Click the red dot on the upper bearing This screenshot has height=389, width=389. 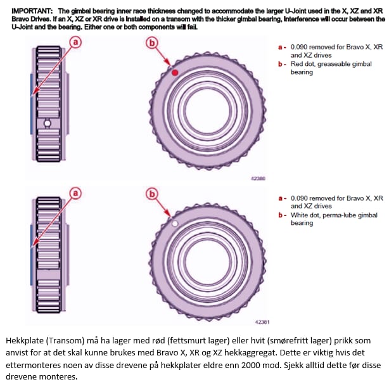[175, 74]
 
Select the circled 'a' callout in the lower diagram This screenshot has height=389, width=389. [75, 193]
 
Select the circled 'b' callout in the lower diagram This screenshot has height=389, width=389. [151, 193]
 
